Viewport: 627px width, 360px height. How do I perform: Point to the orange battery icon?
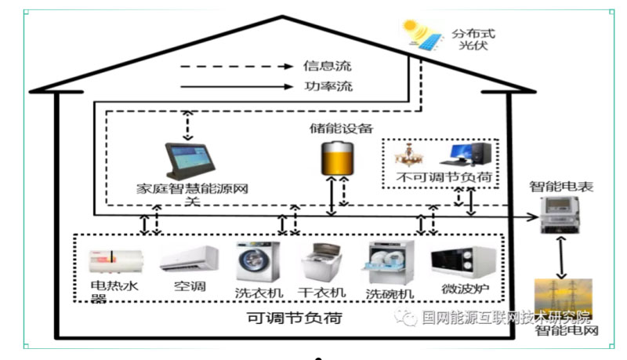(x=334, y=157)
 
